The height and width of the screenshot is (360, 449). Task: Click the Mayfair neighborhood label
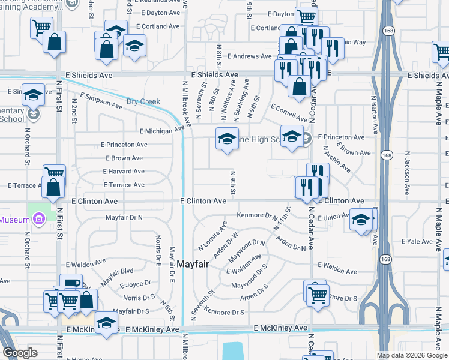point(193,263)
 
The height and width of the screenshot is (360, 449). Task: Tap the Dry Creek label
point(143,101)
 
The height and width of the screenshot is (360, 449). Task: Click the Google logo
point(20,353)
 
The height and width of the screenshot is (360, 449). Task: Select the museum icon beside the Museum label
point(40,220)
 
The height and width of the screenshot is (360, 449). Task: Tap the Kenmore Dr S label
point(224,312)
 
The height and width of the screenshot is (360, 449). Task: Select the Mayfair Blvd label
point(116,276)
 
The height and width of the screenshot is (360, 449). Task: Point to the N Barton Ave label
point(373,114)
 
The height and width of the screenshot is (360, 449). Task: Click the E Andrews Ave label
point(249,56)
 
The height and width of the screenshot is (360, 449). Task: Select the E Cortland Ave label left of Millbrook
point(158,26)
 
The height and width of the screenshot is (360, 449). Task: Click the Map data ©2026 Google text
point(412,355)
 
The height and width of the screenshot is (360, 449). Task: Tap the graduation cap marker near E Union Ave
point(361,220)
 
